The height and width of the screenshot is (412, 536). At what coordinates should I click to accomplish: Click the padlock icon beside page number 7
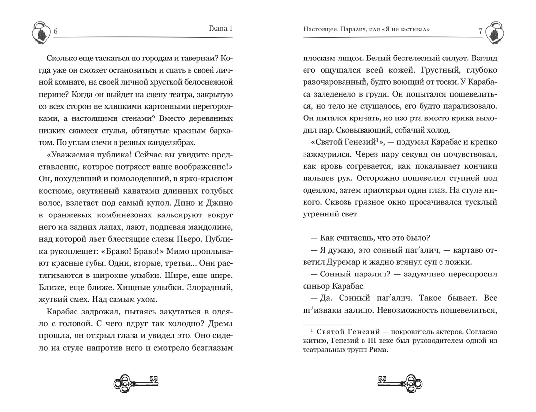496,33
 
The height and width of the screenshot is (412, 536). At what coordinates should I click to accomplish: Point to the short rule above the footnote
327,324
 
